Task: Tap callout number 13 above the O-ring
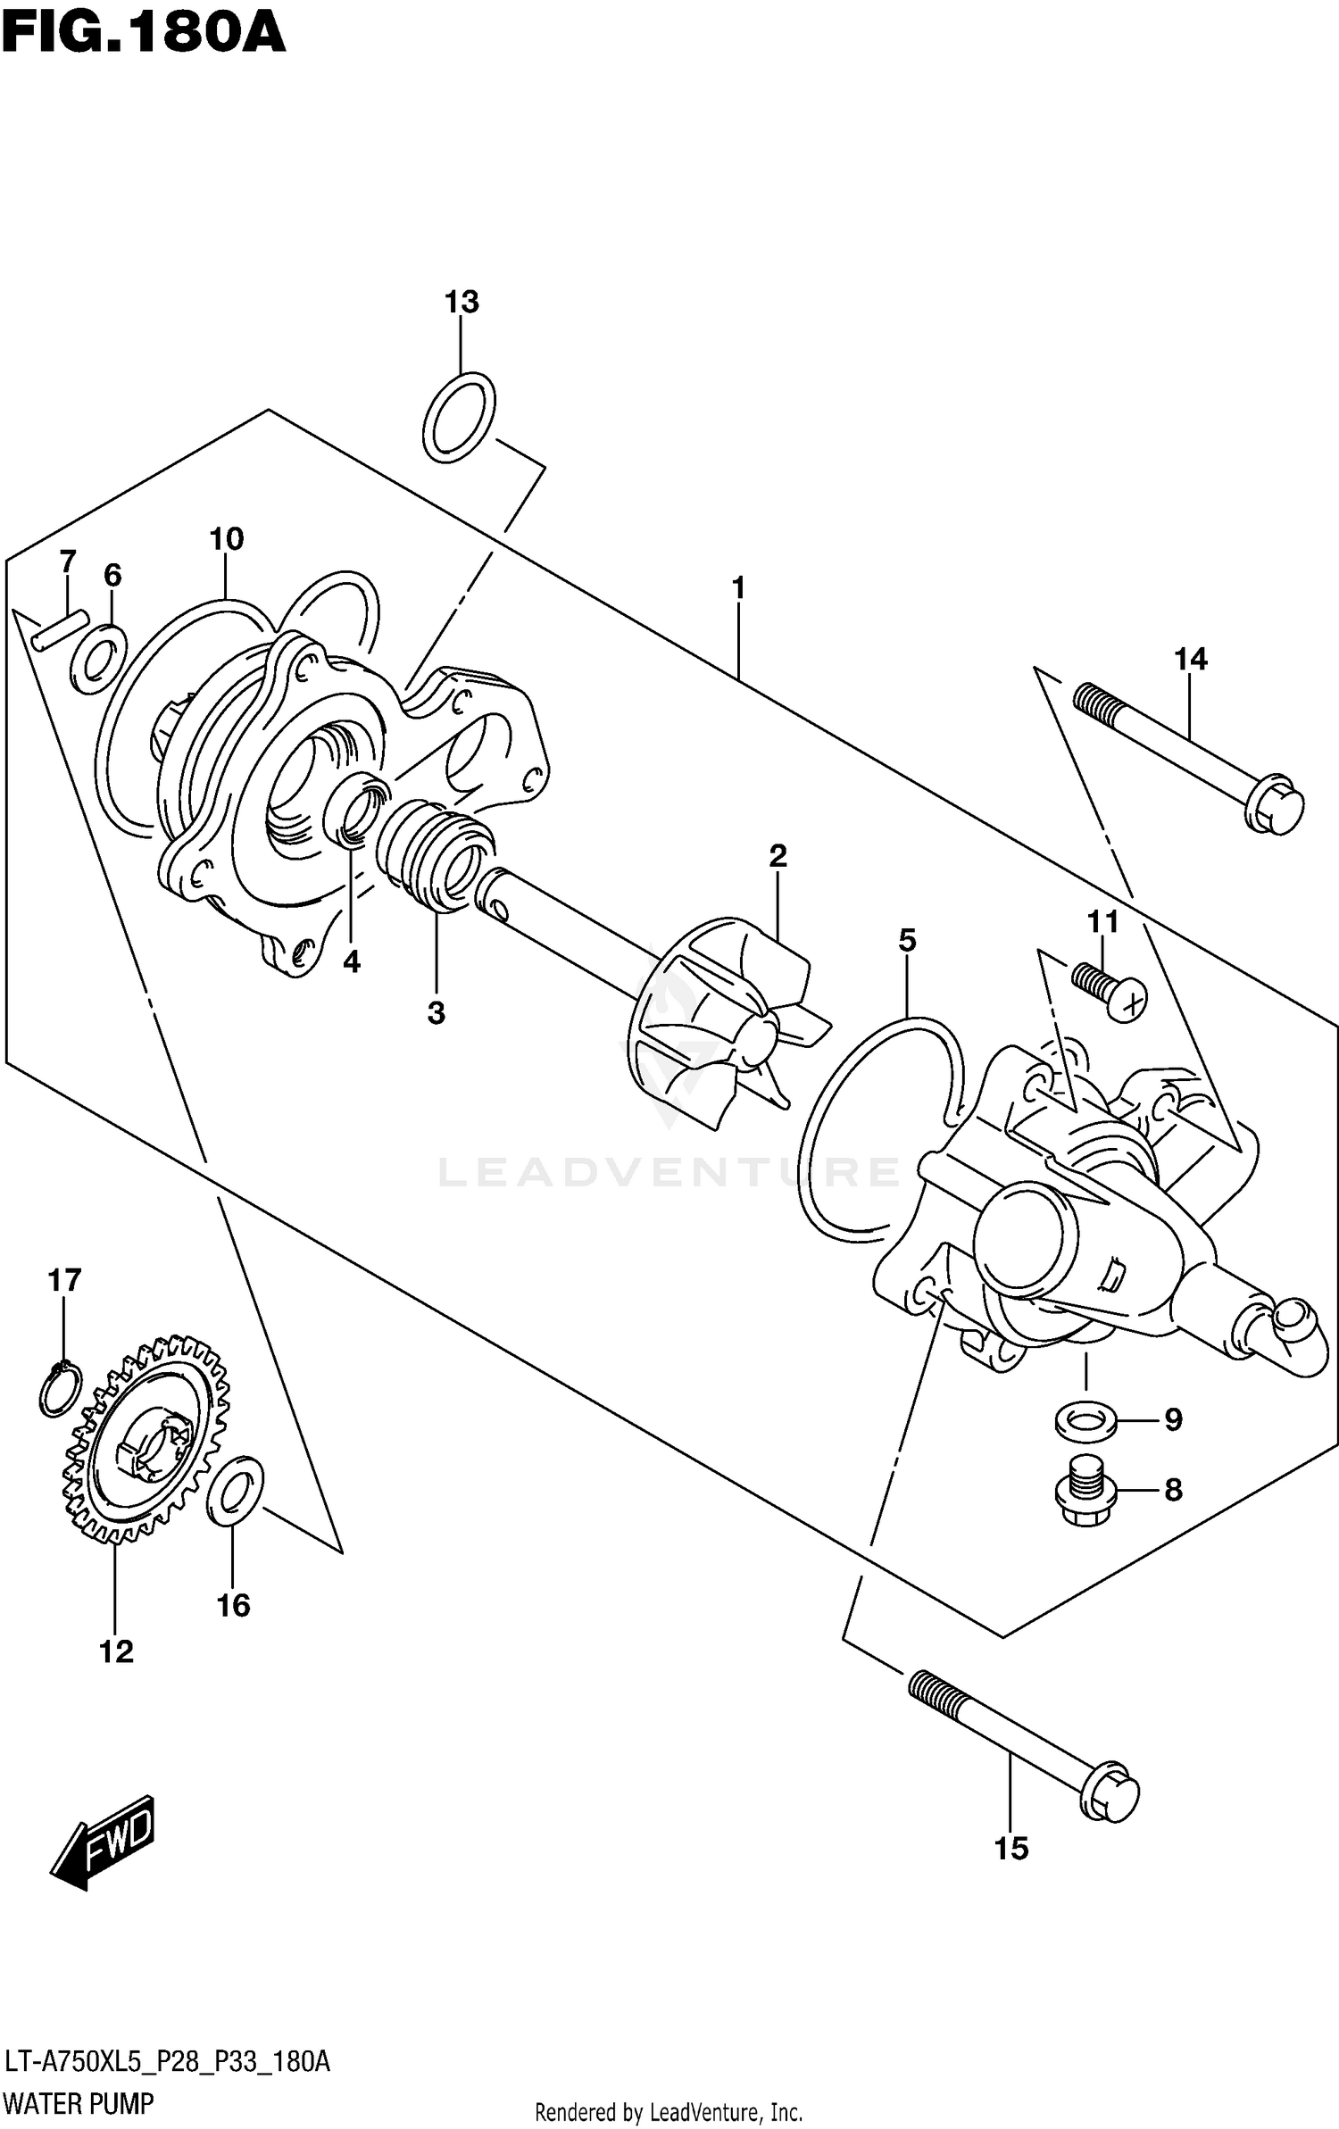pyautogui.click(x=462, y=303)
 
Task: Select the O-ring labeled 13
pyautogui.click(x=459, y=417)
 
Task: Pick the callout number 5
pyautogui.click(x=907, y=940)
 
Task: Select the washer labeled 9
pyautogui.click(x=1085, y=1420)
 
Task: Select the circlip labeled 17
pyautogui.click(x=60, y=1390)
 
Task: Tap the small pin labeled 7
pyautogui.click(x=59, y=628)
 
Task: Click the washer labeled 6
pyautogui.click(x=98, y=659)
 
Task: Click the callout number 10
pyautogui.click(x=226, y=539)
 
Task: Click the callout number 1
pyautogui.click(x=738, y=588)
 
